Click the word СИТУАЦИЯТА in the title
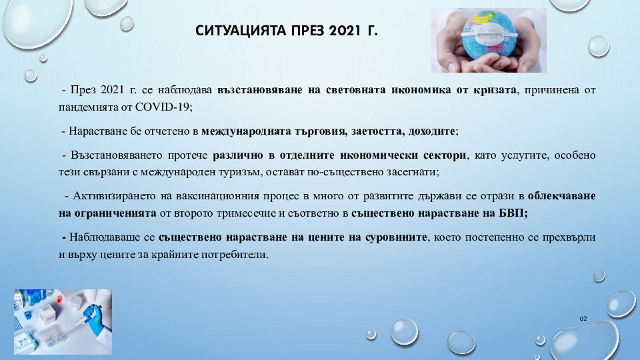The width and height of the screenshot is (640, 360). pos(241,31)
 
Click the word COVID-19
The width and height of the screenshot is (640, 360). pos(162,107)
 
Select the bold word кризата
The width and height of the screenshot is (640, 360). pos(495,90)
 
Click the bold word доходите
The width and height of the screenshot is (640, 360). pos(431,131)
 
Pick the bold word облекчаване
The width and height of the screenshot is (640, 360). pos(561,196)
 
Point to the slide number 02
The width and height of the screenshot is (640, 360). pos(583,319)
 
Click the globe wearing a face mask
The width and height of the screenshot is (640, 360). pos(489,34)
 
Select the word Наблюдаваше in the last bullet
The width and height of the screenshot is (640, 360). pos(112,237)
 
